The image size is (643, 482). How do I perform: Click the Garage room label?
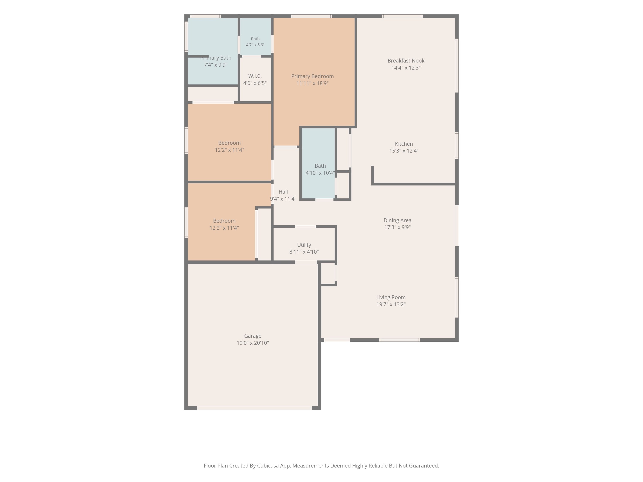pos(253,336)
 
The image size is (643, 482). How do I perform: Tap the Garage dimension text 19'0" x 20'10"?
pos(253,343)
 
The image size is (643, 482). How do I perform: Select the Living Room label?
pos(391,297)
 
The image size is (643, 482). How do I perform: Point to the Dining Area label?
pos(397,220)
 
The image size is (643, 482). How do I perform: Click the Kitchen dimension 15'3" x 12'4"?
pos(404,151)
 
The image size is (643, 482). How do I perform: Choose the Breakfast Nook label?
pos(406,61)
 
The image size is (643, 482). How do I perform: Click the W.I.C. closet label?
pos(255,76)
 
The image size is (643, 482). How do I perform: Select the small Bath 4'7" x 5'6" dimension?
pos(255,45)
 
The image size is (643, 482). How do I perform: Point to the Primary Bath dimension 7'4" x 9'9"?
pos(215,65)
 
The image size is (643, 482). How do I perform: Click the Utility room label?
pos(304,245)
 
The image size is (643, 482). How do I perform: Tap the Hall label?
pos(283,192)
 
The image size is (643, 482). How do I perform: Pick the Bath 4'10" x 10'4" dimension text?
pos(320,173)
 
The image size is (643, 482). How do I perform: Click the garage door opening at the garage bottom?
pos(254,408)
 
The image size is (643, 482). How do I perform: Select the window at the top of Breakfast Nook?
pos(402,16)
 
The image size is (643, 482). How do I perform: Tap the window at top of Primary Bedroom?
pos(311,16)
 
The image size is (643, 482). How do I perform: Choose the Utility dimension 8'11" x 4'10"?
pos(304,252)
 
